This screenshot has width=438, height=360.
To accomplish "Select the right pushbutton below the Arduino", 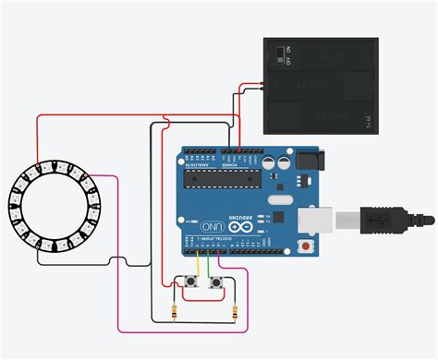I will point(217,282).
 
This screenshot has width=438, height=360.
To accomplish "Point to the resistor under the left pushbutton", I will point(176,312).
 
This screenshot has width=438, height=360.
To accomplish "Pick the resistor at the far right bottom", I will point(237,312).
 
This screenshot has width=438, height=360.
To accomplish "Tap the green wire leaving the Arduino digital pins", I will point(210,262).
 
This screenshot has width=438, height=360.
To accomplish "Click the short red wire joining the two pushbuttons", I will point(206,277).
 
